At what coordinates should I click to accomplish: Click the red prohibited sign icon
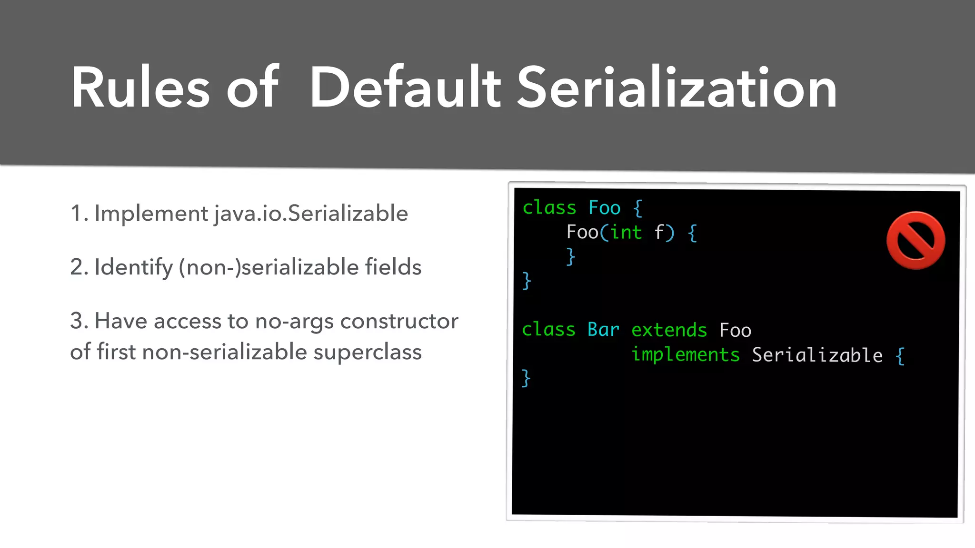coord(915,241)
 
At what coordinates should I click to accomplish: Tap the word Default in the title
coord(405,88)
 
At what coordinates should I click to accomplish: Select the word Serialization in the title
coord(677,88)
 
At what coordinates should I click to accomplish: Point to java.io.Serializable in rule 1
coord(311,213)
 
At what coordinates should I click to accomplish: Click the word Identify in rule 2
coord(133,267)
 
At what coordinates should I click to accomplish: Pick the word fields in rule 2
coord(393,267)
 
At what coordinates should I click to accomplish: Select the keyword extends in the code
coord(669,330)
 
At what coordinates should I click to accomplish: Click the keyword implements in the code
coord(685,355)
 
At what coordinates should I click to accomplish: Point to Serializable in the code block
coord(817,355)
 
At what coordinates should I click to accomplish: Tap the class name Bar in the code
coord(603,330)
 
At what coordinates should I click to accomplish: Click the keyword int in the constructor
coord(626,233)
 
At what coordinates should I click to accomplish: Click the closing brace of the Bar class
coord(526,379)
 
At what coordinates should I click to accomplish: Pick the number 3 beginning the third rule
coord(76,321)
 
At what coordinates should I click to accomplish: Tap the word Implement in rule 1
coord(151,214)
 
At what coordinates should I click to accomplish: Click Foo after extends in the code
coord(735,330)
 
